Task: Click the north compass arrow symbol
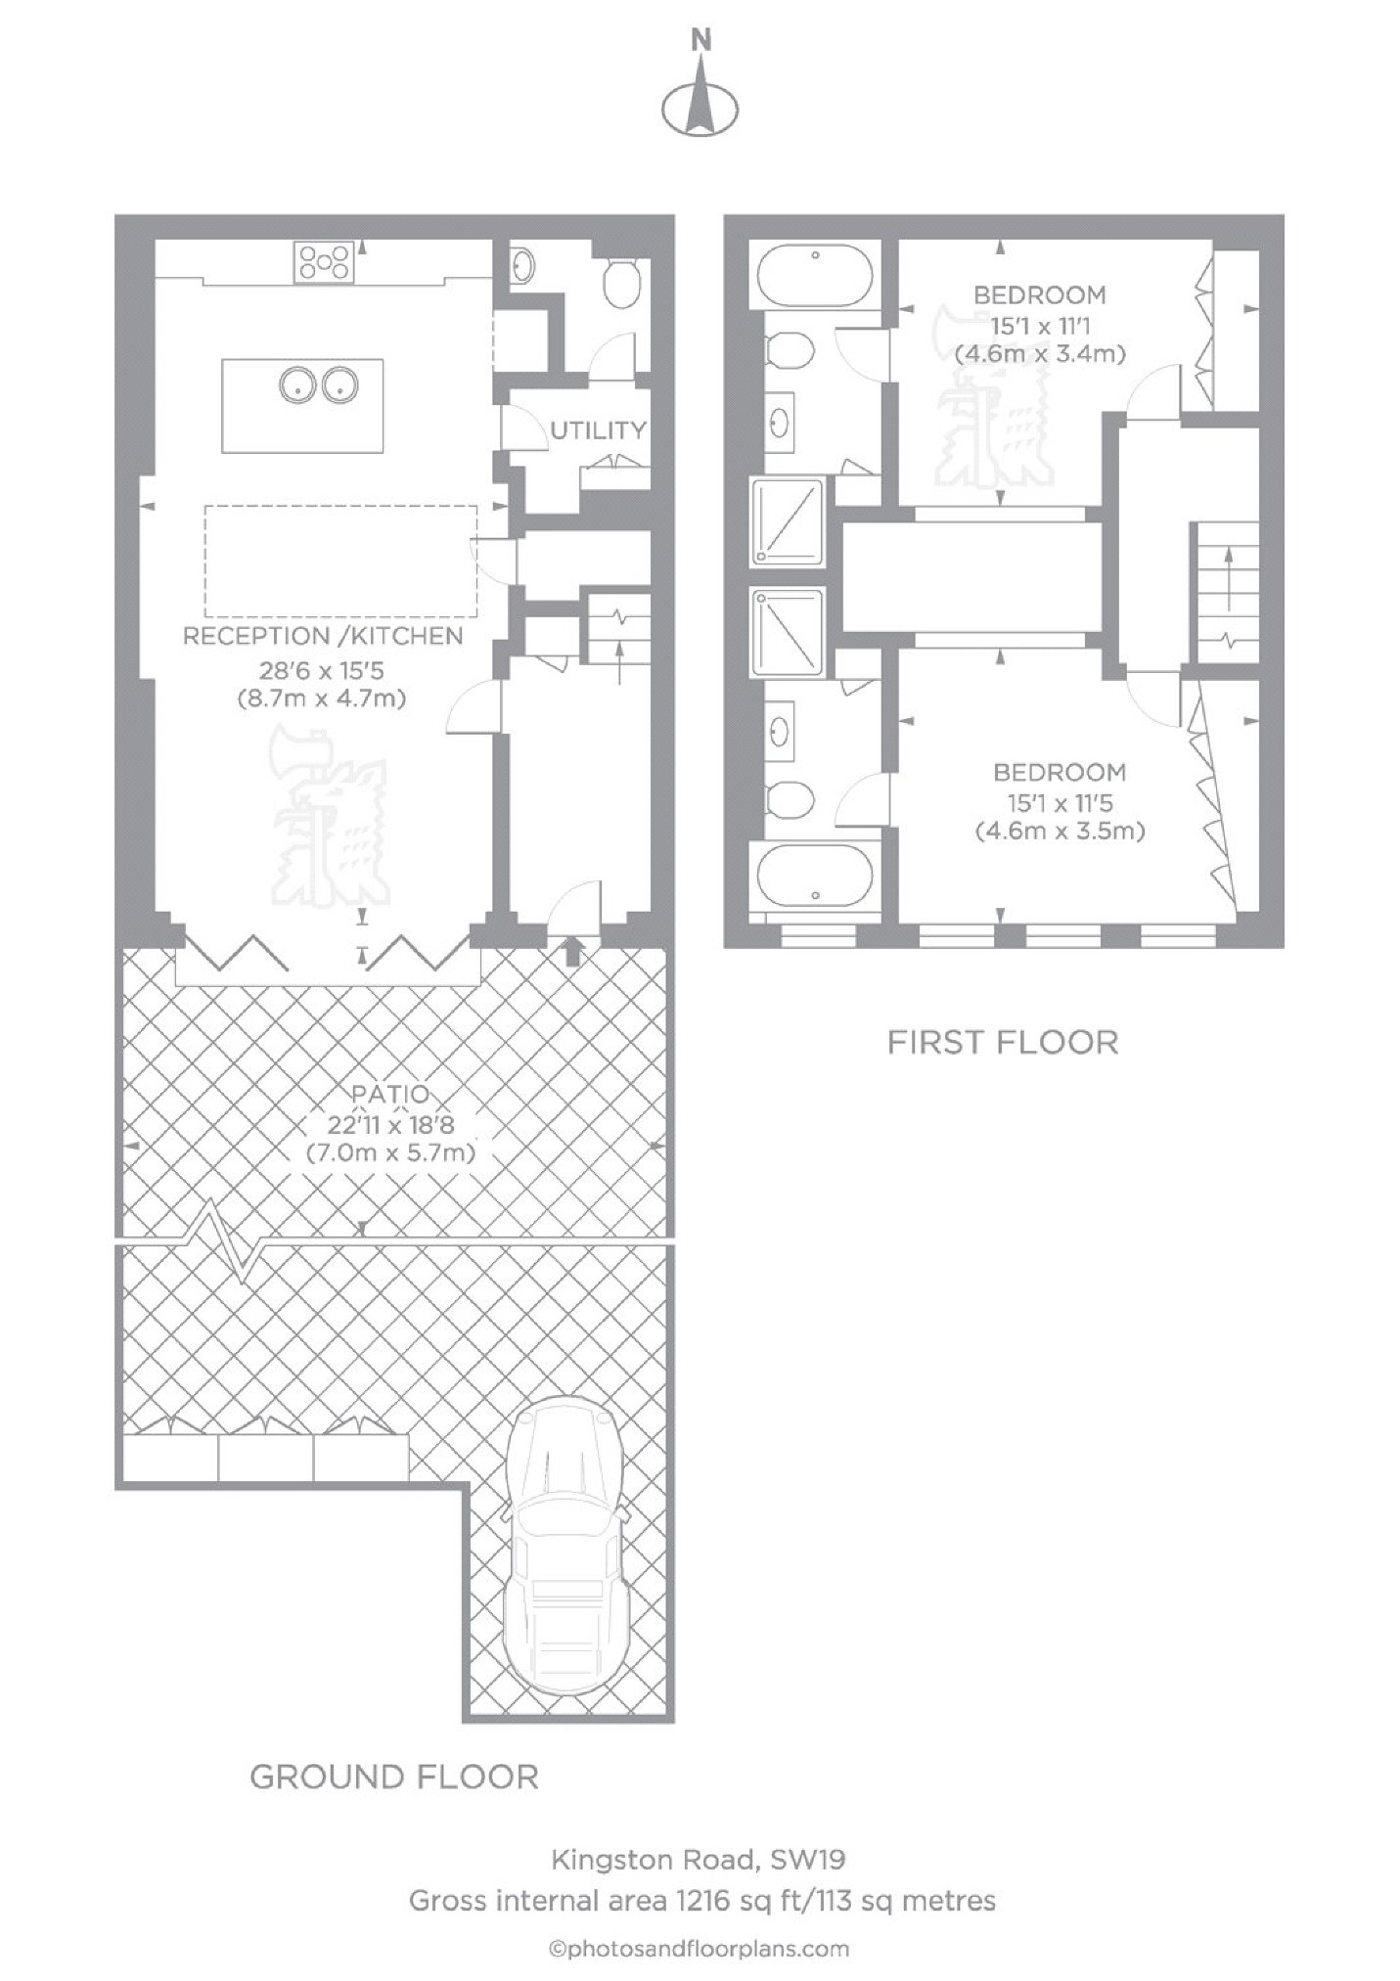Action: point(700,97)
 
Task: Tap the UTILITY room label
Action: point(598,429)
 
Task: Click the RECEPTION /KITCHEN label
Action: point(323,636)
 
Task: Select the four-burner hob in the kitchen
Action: point(325,262)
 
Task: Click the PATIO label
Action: point(391,1094)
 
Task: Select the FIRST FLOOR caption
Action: point(1003,1042)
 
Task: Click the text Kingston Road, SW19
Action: point(699,1859)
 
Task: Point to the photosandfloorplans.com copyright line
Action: point(699,1950)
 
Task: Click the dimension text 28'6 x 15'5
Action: point(322,670)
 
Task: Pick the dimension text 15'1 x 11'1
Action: point(1040,325)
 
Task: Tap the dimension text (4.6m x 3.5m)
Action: point(1060,832)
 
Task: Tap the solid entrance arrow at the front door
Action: point(572,950)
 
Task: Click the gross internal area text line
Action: point(701,1901)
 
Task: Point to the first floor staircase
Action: point(1225,593)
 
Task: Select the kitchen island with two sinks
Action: point(302,406)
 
